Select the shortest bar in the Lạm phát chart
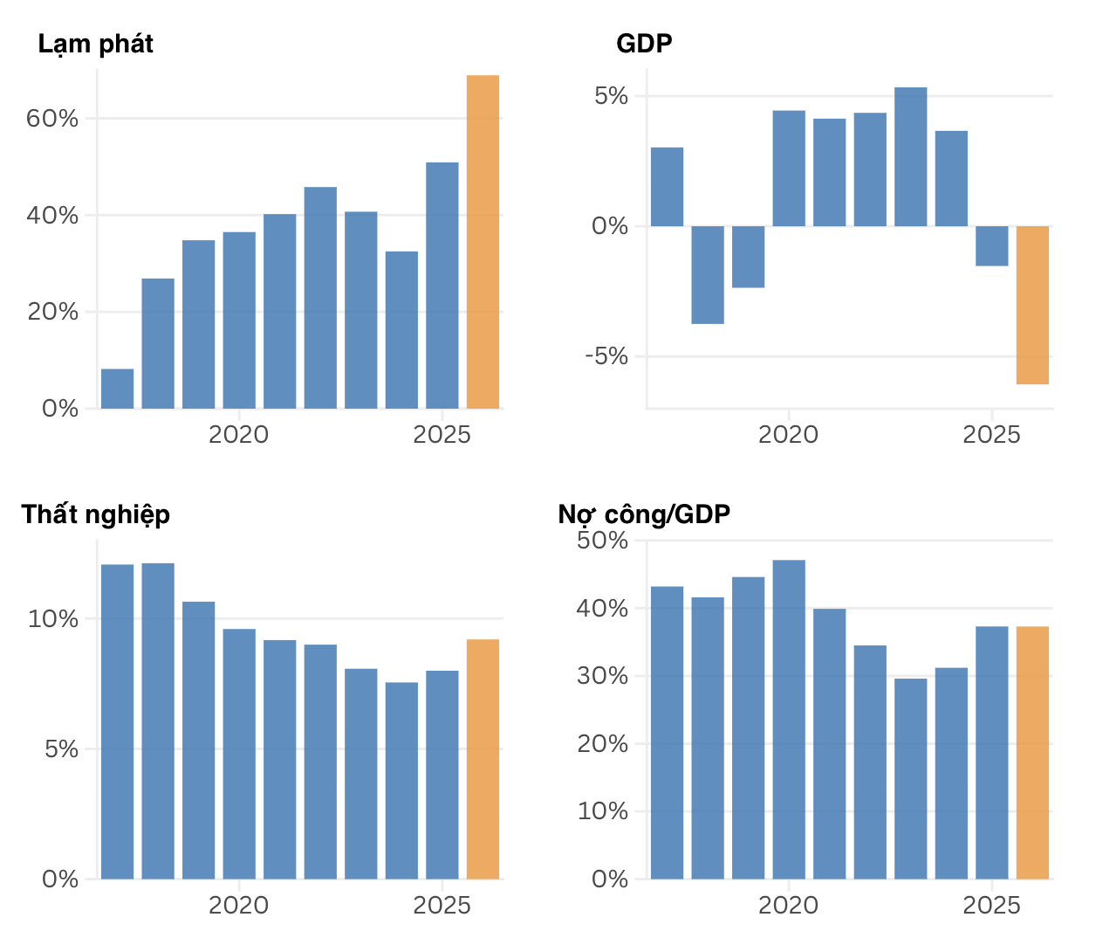(117, 389)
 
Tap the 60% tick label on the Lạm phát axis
(52, 119)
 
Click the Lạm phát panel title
(95, 44)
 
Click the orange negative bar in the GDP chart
(1032, 305)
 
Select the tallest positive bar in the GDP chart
(910, 157)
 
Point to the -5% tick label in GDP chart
(606, 356)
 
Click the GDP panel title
(644, 44)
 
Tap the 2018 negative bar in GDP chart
(708, 274)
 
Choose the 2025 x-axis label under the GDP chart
(991, 435)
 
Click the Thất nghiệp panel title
(95, 514)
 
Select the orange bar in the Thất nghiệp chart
(483, 759)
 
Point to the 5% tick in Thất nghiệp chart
(61, 749)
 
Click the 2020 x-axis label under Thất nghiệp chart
(238, 906)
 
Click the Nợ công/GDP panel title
(644, 514)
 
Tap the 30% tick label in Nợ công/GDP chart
(602, 676)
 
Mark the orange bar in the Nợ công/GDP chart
(1032, 752)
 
